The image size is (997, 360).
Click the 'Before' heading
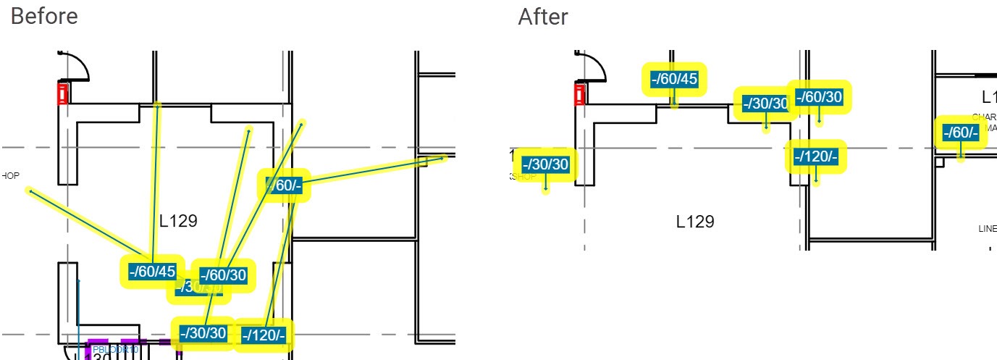(x=44, y=16)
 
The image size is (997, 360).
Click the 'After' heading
(x=543, y=16)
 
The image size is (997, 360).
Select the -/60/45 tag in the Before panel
(x=152, y=272)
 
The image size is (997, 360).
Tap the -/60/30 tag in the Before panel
(x=223, y=275)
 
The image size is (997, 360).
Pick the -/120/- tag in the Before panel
(x=264, y=335)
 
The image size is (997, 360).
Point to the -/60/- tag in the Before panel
(x=285, y=185)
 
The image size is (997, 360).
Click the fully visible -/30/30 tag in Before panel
(x=203, y=333)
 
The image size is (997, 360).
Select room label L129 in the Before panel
(x=178, y=221)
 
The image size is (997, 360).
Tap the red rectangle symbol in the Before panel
(x=62, y=94)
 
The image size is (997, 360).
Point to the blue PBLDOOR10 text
(x=115, y=350)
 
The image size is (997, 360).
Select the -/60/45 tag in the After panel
(x=674, y=79)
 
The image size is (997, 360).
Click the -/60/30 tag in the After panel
(x=819, y=97)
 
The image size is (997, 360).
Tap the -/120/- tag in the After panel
(x=816, y=156)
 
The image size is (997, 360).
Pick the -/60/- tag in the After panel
(x=961, y=133)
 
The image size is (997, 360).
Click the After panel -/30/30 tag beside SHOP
(x=546, y=164)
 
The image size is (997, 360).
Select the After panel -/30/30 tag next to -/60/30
(x=765, y=104)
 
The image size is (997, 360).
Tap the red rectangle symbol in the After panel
(x=579, y=94)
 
